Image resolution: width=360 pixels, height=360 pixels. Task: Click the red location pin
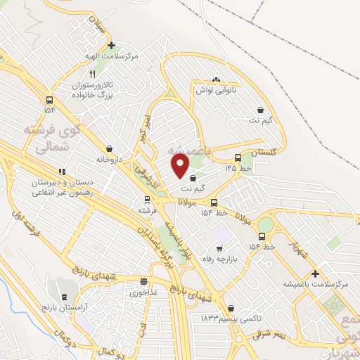[181, 166]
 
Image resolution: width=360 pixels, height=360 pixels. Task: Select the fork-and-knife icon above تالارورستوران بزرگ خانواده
[92, 73]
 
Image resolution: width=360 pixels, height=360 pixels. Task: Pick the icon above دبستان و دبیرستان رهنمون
[62, 171]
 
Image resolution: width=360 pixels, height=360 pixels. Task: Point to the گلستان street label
[264, 153]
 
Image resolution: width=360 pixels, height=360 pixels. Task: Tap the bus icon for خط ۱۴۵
[238, 158]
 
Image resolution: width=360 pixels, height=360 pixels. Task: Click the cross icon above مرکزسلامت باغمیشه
[315, 274]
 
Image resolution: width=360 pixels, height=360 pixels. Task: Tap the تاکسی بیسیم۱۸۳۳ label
[224, 319]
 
